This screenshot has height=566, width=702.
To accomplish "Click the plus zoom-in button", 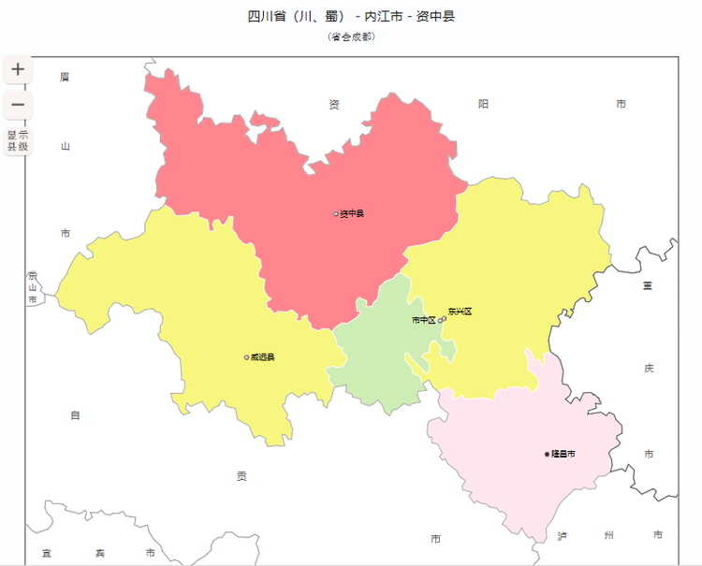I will tap(18, 69).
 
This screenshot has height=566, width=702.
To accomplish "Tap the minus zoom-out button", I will tap(18, 105).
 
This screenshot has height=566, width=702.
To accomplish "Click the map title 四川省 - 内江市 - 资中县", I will tap(351, 17).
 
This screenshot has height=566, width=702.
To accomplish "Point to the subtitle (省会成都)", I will tap(351, 36).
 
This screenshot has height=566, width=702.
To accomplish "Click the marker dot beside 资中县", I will tap(336, 214).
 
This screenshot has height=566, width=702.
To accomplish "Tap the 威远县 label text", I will tap(263, 357).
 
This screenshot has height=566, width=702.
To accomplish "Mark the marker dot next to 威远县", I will tap(247, 357).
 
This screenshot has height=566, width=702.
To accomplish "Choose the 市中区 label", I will tap(424, 320).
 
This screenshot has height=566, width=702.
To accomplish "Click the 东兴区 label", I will tap(460, 312).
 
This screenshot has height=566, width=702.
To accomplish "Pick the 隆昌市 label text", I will tap(563, 454).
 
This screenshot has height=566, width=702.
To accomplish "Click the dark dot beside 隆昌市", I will tap(548, 454).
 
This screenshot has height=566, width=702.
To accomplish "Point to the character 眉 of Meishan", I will tap(65, 77).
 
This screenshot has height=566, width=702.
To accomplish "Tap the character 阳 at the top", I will tap(483, 104).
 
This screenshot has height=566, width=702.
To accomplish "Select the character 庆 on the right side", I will tap(649, 369).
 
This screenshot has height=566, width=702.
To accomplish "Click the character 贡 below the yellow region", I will tap(241, 476).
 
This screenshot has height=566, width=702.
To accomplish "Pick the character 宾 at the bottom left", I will tap(100, 554).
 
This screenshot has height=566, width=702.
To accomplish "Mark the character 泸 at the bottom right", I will tap(562, 535).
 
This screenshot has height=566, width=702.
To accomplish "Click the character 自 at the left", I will tap(76, 415).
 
